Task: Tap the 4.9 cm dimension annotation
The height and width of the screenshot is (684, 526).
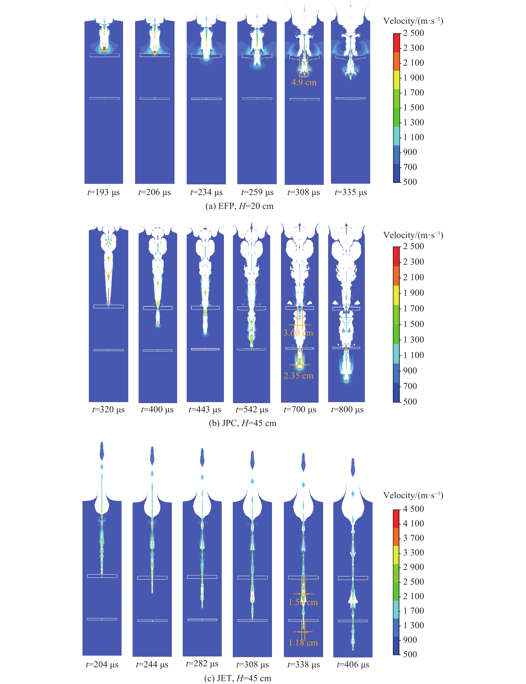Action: [x=304, y=82]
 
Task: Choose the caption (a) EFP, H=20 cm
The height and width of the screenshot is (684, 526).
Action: [x=239, y=206]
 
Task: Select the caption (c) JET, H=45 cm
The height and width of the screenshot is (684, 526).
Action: [x=238, y=678]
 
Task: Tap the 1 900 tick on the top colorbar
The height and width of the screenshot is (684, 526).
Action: [x=413, y=78]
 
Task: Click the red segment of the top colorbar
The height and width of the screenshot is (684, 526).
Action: [x=397, y=43]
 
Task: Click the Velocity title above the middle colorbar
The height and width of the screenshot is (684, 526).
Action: [x=413, y=235]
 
